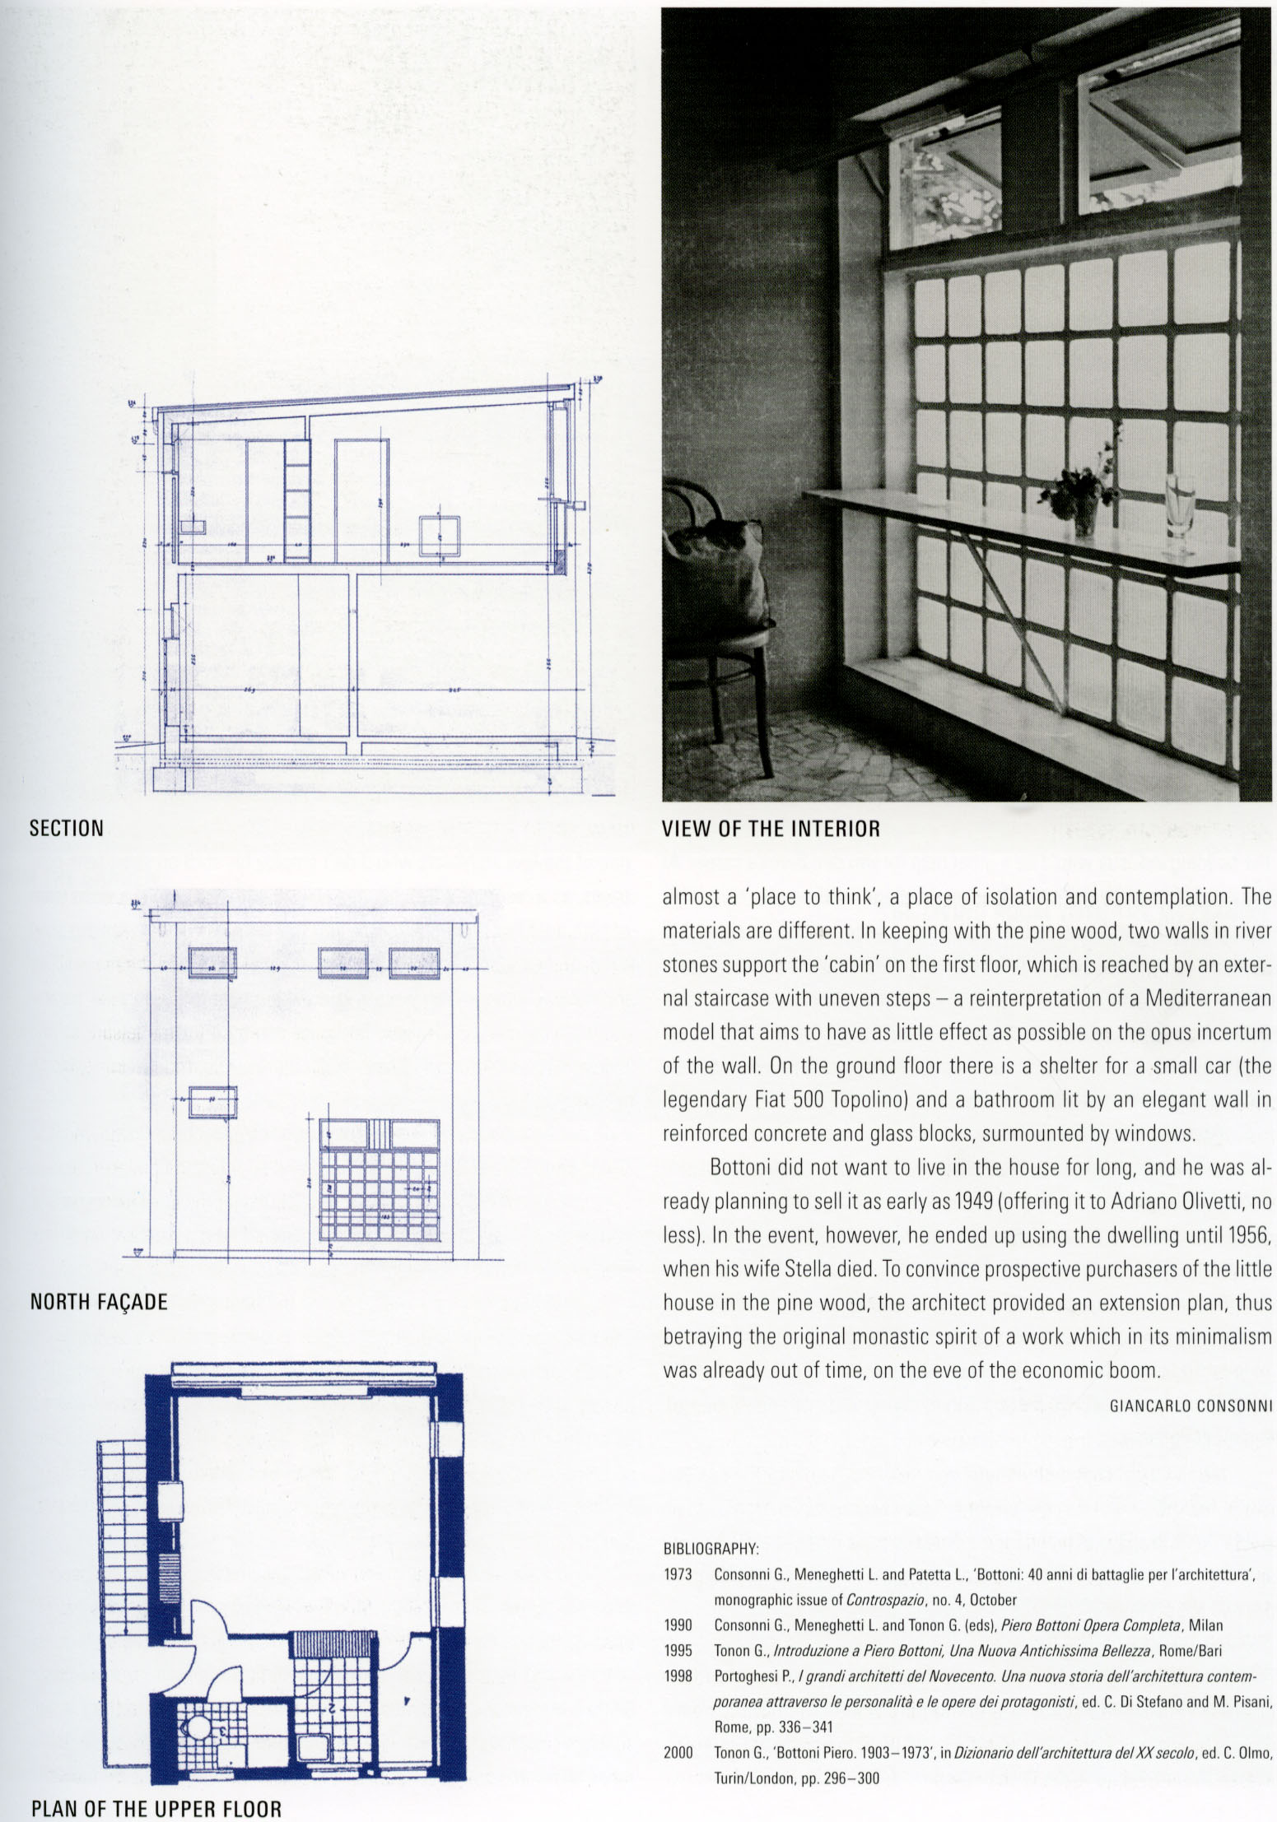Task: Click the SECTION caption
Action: [67, 828]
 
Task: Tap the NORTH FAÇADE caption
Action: [99, 1302]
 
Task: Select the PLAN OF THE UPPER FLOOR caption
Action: [156, 1809]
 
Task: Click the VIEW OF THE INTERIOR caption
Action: [771, 829]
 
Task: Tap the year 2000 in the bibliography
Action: [677, 1753]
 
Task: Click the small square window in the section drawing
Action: [437, 537]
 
